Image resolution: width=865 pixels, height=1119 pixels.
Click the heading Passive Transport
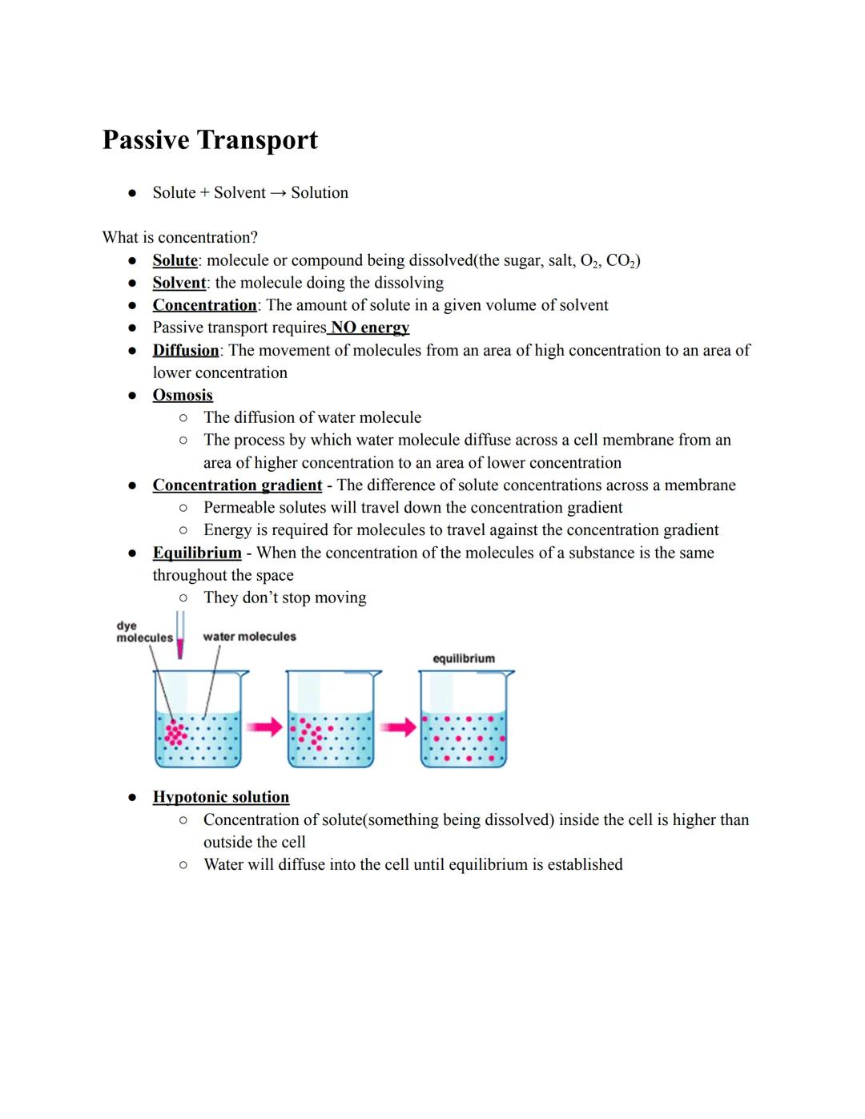pyautogui.click(x=210, y=140)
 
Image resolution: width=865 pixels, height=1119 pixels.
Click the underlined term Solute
pyautogui.click(x=175, y=260)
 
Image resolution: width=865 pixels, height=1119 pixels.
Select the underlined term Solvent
pyautogui.click(x=179, y=283)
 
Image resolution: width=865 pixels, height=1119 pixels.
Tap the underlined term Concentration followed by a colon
pyautogui.click(x=204, y=305)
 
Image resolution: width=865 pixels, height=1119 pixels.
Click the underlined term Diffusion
pyautogui.click(x=186, y=350)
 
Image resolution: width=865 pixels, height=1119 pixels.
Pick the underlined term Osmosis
pyautogui.click(x=183, y=395)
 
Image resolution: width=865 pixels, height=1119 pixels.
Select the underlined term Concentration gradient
pyautogui.click(x=237, y=485)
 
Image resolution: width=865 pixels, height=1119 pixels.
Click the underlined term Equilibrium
pyautogui.click(x=197, y=553)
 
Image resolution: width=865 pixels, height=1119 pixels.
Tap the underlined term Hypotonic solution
pyautogui.click(x=221, y=797)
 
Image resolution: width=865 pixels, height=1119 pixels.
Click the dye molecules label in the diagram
pyautogui.click(x=143, y=632)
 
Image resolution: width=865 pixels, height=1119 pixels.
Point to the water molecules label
pyautogui.click(x=249, y=637)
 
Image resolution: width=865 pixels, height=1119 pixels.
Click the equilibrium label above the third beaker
pyautogui.click(x=464, y=658)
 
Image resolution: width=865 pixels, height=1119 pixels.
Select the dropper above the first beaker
pyautogui.click(x=180, y=635)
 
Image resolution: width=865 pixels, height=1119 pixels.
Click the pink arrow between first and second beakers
pyautogui.click(x=264, y=727)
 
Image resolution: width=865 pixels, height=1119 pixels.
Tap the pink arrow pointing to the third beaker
pyautogui.click(x=398, y=727)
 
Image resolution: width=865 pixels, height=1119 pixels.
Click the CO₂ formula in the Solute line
pyautogui.click(x=621, y=260)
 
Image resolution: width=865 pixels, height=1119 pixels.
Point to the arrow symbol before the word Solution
pyautogui.click(x=278, y=193)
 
